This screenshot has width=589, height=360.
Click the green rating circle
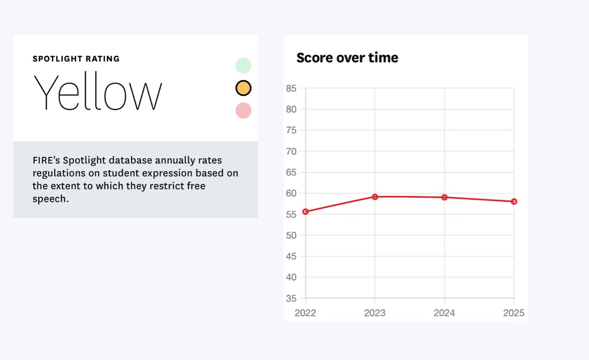(x=243, y=65)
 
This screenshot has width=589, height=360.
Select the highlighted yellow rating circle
(x=243, y=88)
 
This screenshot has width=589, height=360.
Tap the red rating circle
(x=243, y=110)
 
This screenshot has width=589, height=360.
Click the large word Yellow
(x=97, y=93)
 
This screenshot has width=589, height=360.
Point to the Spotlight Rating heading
(x=76, y=59)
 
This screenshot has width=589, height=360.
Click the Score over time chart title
(x=347, y=58)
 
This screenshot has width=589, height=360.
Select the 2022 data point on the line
(x=305, y=212)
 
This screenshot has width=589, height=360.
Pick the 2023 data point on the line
(x=375, y=197)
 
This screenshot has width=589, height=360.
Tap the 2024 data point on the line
(x=444, y=197)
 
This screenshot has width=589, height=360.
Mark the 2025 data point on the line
(x=514, y=201)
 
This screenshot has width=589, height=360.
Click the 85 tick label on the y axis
(x=291, y=88)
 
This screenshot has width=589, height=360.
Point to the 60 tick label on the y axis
(x=291, y=193)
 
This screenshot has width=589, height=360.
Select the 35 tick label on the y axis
(x=291, y=298)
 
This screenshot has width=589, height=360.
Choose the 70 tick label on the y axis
(x=291, y=151)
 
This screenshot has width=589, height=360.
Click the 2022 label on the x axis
(x=305, y=313)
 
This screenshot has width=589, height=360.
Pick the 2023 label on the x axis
(x=375, y=313)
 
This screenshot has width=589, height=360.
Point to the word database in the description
(x=131, y=160)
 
